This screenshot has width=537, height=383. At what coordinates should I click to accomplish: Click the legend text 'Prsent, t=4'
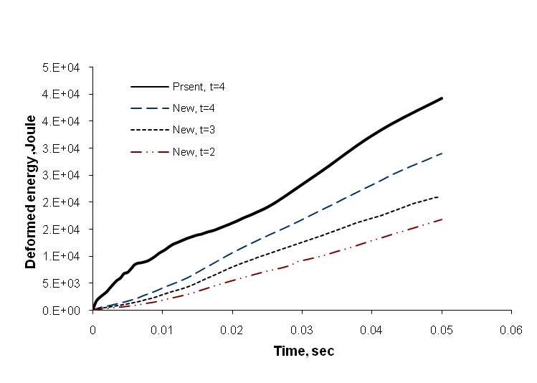[x=204, y=87]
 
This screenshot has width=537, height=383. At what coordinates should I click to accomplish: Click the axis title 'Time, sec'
[x=303, y=351]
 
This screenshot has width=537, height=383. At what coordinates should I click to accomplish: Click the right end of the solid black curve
[x=442, y=98]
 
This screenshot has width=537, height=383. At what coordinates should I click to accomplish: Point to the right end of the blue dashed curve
[x=442, y=153]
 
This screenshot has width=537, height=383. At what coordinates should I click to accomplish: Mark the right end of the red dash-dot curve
[x=442, y=219]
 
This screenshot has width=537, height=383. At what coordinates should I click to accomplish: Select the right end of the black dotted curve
[x=437, y=197]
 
